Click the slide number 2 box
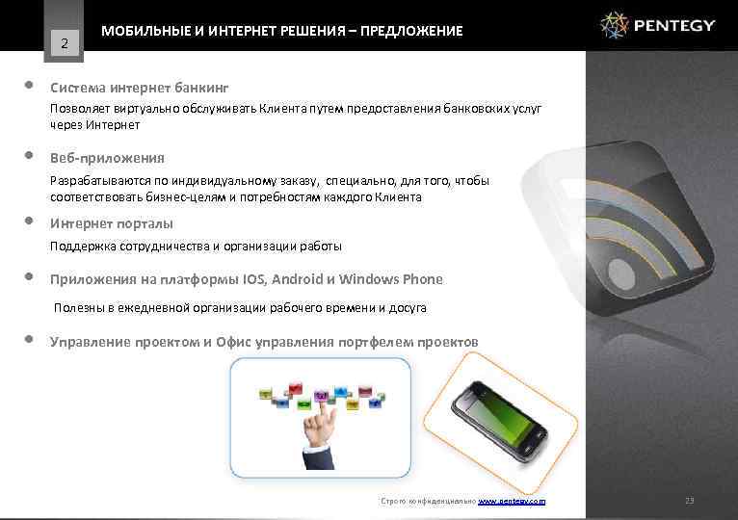pyautogui.click(x=64, y=42)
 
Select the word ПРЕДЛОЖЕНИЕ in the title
pyautogui.click(x=413, y=32)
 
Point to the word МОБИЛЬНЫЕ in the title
pyautogui.click(x=141, y=32)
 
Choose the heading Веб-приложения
pyautogui.click(x=107, y=157)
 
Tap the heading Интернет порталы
pyautogui.click(x=112, y=223)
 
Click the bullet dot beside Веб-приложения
pyautogui.click(x=30, y=155)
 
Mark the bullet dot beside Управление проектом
pyautogui.click(x=30, y=340)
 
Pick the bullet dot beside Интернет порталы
pyautogui.click(x=30, y=221)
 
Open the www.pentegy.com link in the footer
pyautogui.click(x=512, y=502)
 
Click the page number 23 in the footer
pyautogui.click(x=689, y=502)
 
